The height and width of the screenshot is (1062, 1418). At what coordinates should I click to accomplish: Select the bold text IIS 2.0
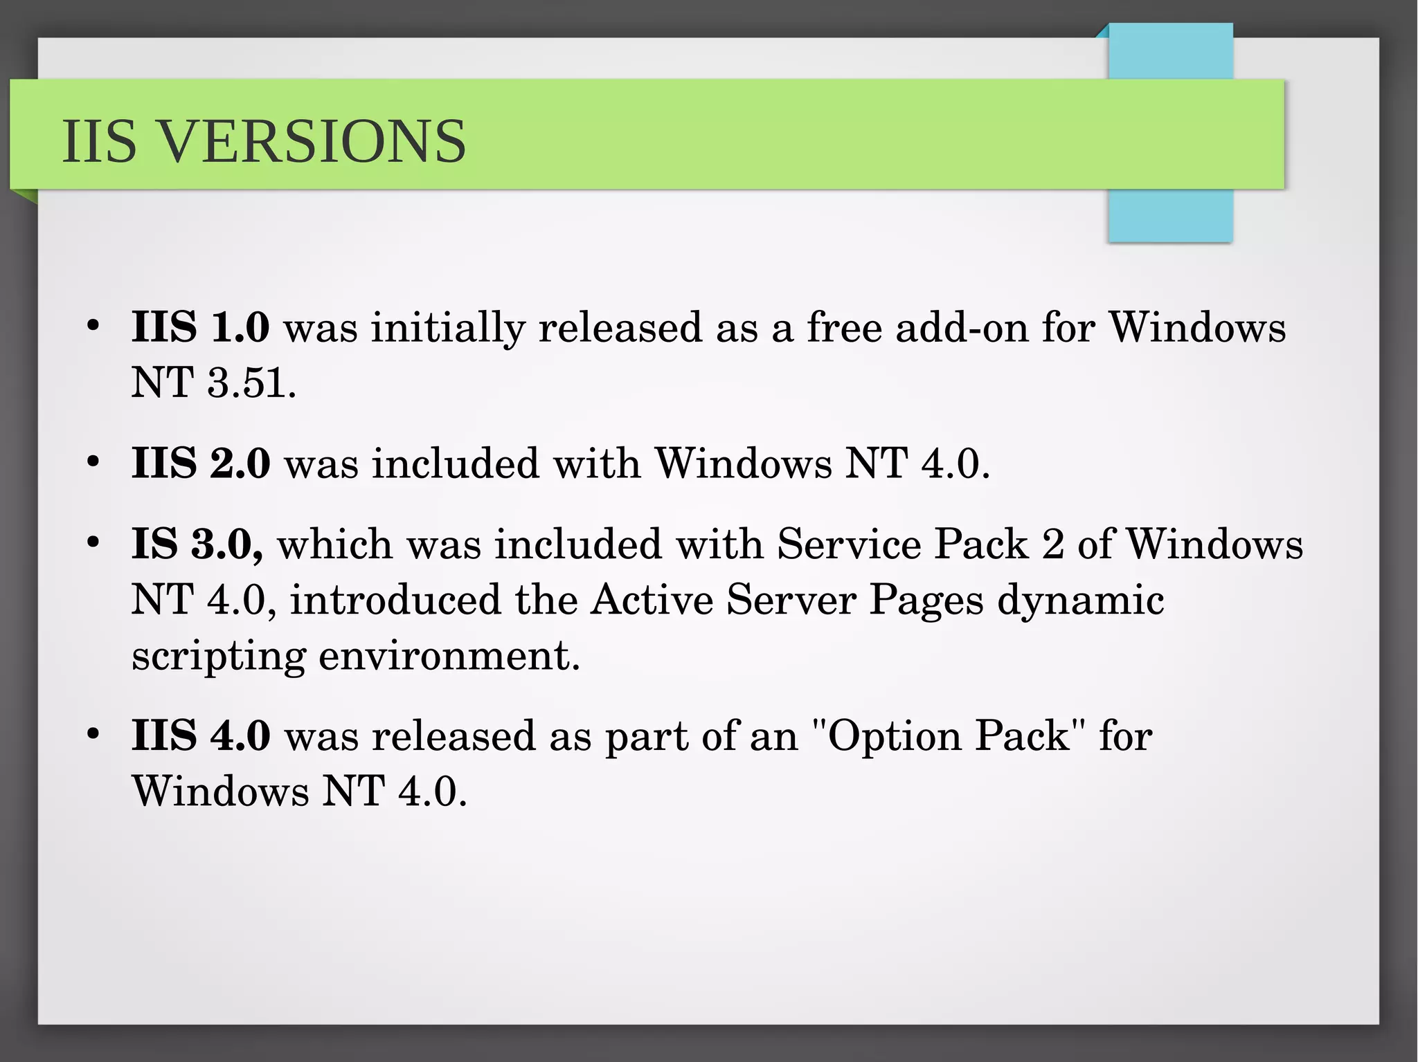pyautogui.click(x=200, y=463)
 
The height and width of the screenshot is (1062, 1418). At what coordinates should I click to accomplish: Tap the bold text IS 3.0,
pyautogui.click(x=197, y=544)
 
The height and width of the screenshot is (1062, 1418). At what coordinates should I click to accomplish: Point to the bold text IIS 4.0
pyautogui.click(x=200, y=735)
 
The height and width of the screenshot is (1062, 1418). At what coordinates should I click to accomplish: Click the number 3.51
pyautogui.click(x=251, y=382)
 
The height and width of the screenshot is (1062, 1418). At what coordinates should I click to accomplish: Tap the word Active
pyautogui.click(x=652, y=599)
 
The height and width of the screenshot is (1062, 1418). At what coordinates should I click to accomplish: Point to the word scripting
pyautogui.click(x=219, y=656)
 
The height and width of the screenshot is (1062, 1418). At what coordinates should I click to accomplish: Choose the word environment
pyautogui.click(x=449, y=654)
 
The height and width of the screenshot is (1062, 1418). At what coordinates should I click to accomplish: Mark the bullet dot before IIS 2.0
pyautogui.click(x=93, y=461)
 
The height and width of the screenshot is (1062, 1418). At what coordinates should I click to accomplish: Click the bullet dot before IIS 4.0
pyautogui.click(x=93, y=733)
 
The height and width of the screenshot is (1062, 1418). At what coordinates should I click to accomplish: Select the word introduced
pyautogui.click(x=395, y=599)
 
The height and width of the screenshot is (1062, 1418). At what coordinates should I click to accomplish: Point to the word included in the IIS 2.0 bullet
pyautogui.click(x=455, y=463)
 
